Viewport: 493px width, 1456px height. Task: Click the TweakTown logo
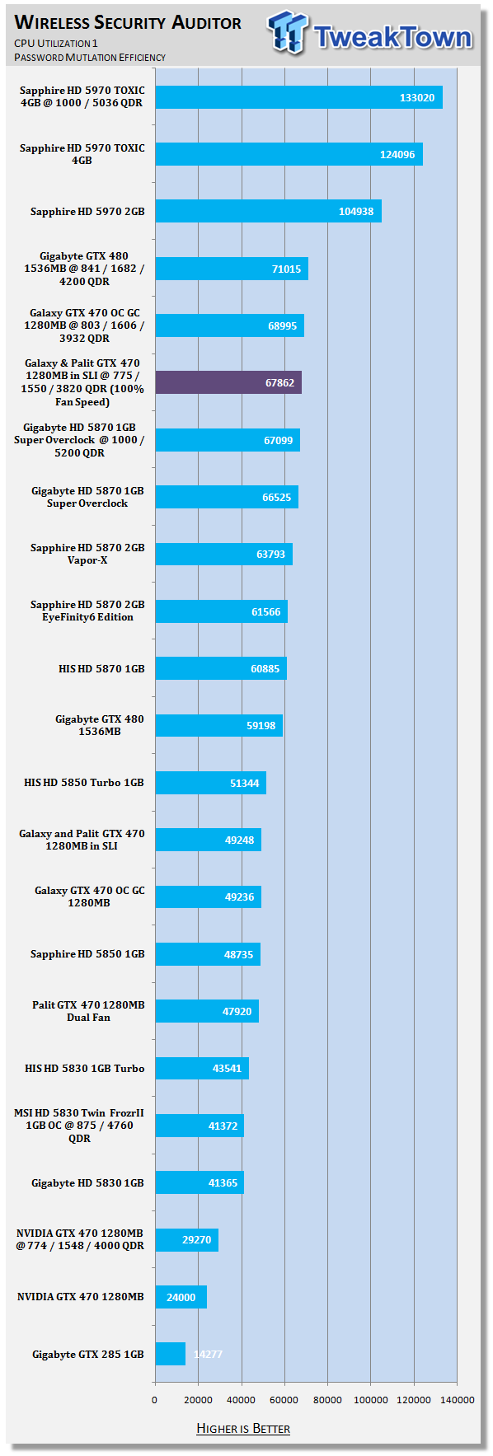click(x=370, y=35)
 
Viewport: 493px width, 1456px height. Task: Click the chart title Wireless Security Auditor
click(x=128, y=23)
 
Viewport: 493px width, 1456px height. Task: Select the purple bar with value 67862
click(x=228, y=382)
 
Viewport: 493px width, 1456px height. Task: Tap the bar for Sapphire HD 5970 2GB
click(x=269, y=211)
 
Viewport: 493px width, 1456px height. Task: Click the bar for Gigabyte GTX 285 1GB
click(x=171, y=1354)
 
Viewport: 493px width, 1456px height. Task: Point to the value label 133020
click(x=417, y=97)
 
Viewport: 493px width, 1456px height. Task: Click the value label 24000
click(x=181, y=1297)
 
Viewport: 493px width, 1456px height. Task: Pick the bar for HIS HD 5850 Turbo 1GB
click(x=211, y=783)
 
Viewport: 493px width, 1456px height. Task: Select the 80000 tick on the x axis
click(x=327, y=1400)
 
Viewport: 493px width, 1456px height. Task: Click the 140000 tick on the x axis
click(x=457, y=1400)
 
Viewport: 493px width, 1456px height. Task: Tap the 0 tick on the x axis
click(x=155, y=1400)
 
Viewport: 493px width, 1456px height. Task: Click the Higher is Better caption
click(x=243, y=1428)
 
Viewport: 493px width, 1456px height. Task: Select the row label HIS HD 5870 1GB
click(x=101, y=668)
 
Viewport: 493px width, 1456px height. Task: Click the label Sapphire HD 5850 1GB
click(x=87, y=953)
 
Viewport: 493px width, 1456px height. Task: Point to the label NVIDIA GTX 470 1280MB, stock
click(x=81, y=1296)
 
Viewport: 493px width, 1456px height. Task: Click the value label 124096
click(x=397, y=154)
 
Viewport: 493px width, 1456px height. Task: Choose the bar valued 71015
click(x=232, y=269)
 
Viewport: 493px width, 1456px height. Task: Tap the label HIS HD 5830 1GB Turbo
click(x=85, y=1068)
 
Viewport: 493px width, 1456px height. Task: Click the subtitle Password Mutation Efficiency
click(x=90, y=58)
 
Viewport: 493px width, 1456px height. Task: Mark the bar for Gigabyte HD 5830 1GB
click(x=200, y=1182)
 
